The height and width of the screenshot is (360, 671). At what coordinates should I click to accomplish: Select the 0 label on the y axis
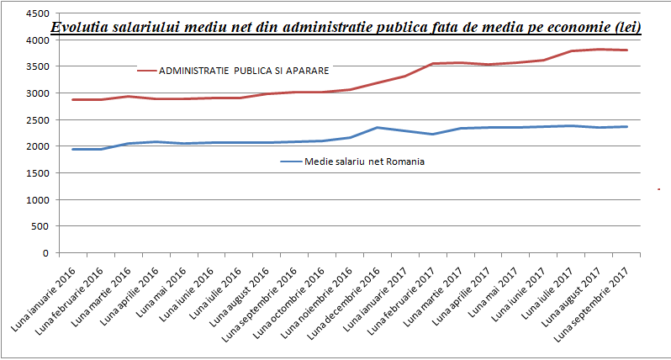[x=45, y=253]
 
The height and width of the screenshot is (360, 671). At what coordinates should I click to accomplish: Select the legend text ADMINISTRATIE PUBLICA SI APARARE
[x=244, y=70]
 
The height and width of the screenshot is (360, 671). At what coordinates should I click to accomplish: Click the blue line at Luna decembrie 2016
[x=377, y=128]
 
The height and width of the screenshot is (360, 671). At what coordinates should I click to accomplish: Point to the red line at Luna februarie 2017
[x=431, y=63]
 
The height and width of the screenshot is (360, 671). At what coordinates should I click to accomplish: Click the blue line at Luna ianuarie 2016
[x=74, y=149]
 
